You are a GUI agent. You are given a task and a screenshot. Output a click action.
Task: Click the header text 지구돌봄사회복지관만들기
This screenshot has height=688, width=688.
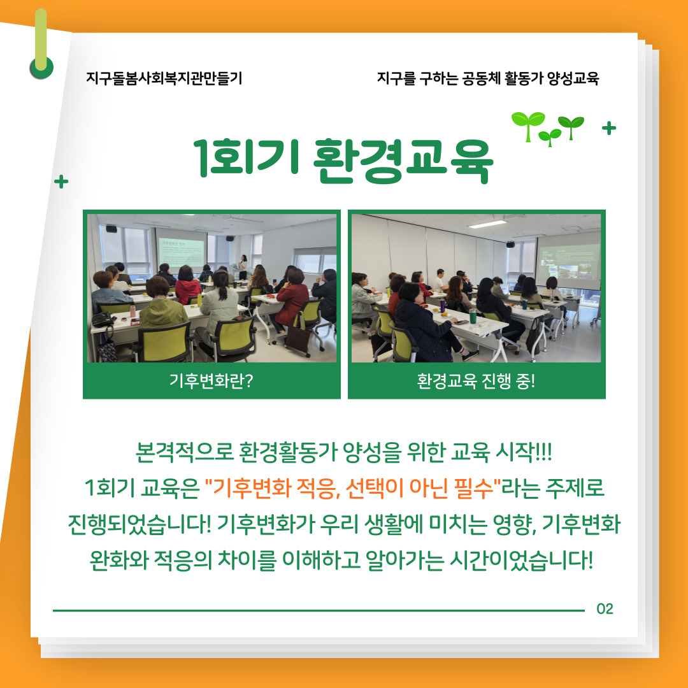point(164,78)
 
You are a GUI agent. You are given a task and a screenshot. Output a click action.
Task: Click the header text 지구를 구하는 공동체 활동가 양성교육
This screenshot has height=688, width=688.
point(488,78)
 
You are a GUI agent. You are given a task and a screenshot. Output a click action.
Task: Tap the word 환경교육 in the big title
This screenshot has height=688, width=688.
point(403,160)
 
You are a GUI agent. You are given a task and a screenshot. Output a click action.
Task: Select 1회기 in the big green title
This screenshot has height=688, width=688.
point(247,158)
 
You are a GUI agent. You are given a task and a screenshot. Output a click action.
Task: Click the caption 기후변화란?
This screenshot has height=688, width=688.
point(211,381)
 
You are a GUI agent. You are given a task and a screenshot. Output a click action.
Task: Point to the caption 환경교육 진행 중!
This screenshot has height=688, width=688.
point(476,381)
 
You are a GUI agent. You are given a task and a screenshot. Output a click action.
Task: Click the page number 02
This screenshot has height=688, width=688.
point(605,608)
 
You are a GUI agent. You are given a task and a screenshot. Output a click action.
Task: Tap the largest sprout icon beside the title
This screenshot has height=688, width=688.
point(528,125)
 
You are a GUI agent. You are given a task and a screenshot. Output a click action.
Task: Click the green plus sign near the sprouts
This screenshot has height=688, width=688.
point(609,128)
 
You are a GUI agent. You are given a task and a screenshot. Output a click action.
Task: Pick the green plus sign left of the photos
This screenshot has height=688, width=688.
point(61,181)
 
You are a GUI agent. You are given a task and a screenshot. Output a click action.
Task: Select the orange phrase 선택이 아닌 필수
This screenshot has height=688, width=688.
point(420,488)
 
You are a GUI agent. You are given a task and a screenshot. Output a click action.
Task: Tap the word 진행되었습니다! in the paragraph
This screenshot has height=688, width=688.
point(140,524)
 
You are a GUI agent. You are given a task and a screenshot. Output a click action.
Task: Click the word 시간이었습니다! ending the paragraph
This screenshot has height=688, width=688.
point(522,560)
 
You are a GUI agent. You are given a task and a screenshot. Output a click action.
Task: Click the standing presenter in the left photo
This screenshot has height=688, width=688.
point(242,266)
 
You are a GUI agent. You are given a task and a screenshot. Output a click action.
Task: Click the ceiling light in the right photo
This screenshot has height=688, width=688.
point(487,224)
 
